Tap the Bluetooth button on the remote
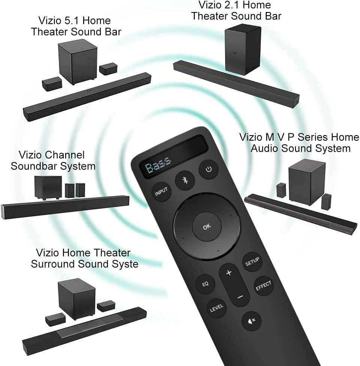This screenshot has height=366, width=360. (x=184, y=180)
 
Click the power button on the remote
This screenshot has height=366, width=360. (x=208, y=170)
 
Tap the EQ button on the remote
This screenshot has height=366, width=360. (x=205, y=283)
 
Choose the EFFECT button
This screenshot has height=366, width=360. (x=263, y=286)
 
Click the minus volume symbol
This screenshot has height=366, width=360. (x=240, y=297)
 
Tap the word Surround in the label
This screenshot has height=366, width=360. (x=53, y=264)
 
